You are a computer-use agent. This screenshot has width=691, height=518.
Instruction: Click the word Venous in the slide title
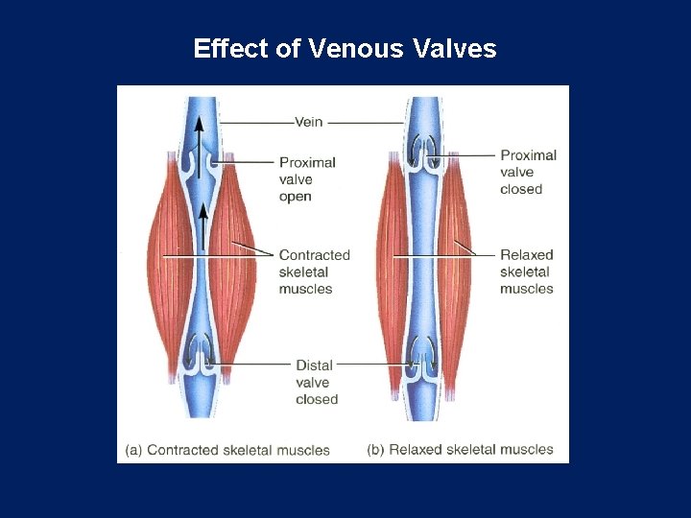click(355, 48)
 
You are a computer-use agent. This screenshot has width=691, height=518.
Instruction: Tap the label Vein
click(308, 122)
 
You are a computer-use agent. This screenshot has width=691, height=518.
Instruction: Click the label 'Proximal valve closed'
click(528, 172)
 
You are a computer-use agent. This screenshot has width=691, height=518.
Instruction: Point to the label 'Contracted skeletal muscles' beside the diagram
click(314, 271)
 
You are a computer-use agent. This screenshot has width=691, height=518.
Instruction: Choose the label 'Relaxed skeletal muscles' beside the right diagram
click(527, 271)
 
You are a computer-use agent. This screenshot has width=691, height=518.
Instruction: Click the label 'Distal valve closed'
click(316, 382)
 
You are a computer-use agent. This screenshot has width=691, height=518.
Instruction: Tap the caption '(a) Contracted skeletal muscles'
click(227, 449)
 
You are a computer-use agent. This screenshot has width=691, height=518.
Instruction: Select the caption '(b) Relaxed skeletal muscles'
click(460, 449)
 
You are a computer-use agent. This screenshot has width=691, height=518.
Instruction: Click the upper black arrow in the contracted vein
click(199, 134)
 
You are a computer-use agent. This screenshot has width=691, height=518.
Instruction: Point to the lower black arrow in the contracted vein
click(203, 225)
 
